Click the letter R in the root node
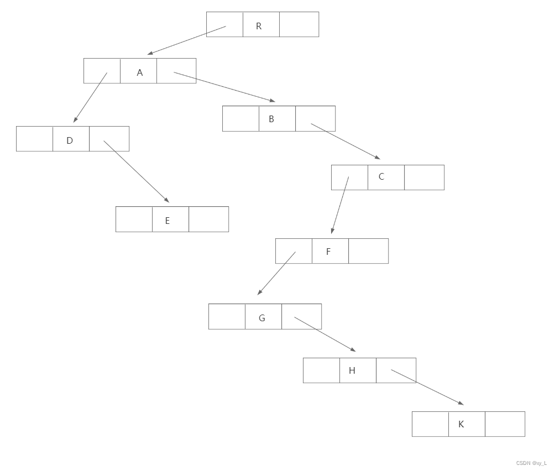pyautogui.click(x=259, y=26)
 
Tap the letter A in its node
pyautogui.click(x=139, y=72)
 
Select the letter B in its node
pyautogui.click(x=271, y=119)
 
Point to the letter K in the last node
pyautogui.click(x=461, y=425)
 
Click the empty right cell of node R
pyautogui.click(x=299, y=24)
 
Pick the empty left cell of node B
pyautogui.click(x=240, y=119)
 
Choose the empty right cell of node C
pyautogui.click(x=424, y=177)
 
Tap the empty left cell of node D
pyautogui.click(x=34, y=139)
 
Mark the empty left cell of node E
pyautogui.click(x=134, y=219)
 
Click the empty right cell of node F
pyautogui.click(x=368, y=251)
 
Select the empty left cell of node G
pyautogui.click(x=227, y=317)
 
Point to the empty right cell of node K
pyautogui.click(x=505, y=424)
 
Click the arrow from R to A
pyautogui.click(x=187, y=40)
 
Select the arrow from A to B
pyautogui.click(x=224, y=87)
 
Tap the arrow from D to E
pyautogui.click(x=136, y=171)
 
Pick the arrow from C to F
pyautogui.click(x=340, y=205)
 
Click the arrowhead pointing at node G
pyautogui.click(x=259, y=292)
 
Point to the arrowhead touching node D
pyautogui.click(x=75, y=119)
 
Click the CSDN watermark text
pyautogui.click(x=531, y=463)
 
